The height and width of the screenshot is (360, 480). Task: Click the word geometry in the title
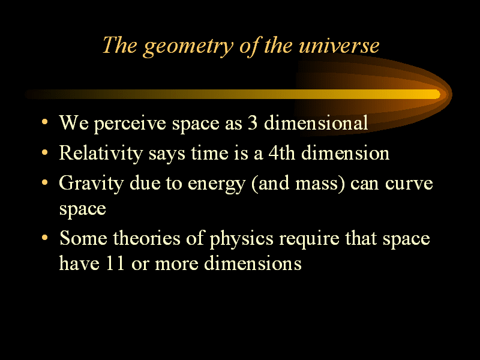click(188, 47)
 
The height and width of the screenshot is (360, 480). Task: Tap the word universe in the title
click(339, 46)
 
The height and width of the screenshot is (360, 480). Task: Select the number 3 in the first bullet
click(253, 123)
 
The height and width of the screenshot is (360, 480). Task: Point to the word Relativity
click(101, 154)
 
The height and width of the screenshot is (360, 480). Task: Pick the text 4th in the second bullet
click(281, 153)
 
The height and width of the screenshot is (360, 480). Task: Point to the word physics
click(241, 239)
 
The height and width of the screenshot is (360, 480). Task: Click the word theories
click(146, 238)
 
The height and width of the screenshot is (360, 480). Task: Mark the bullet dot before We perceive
click(44, 122)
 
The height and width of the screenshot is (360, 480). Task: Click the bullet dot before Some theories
click(44, 237)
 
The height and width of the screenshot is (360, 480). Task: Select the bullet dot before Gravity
click(44, 182)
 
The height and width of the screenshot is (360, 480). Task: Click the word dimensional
click(316, 122)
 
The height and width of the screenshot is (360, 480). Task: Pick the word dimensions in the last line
click(253, 263)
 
